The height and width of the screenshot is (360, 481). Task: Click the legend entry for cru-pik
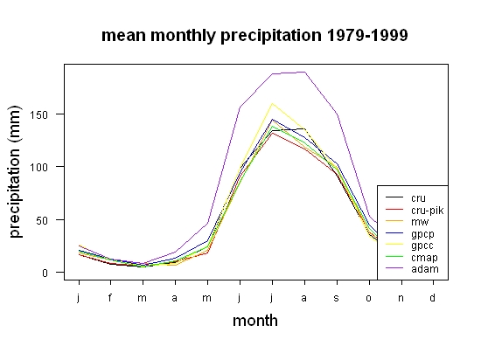tap(428, 211)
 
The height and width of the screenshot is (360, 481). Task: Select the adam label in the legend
tap(425, 269)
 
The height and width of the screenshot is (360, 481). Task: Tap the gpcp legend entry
tap(422, 234)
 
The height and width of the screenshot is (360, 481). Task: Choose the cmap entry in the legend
tap(424, 258)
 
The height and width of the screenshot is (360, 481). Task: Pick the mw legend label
tap(420, 222)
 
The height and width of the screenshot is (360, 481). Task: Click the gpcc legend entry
tap(422, 246)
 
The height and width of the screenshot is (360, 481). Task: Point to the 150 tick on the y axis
tap(38, 114)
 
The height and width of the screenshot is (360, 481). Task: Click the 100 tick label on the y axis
tap(38, 167)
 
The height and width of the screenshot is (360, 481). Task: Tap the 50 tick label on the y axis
tap(42, 220)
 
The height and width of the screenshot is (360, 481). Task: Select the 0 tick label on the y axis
tap(45, 273)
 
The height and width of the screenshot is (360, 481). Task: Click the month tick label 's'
tap(337, 298)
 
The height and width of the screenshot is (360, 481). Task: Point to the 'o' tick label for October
tap(369, 298)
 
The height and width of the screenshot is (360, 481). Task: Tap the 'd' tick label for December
tap(432, 297)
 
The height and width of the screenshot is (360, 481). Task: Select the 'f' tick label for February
tap(110, 297)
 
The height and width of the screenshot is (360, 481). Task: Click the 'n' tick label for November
tap(401, 298)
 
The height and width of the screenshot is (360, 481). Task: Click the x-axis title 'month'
tap(255, 321)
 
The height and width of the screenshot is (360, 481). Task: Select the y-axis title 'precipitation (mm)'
tap(16, 171)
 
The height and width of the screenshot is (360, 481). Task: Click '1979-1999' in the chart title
tap(367, 35)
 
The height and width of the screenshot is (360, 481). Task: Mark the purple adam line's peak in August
tap(304, 72)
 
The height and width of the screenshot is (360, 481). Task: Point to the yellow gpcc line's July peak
tap(272, 104)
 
